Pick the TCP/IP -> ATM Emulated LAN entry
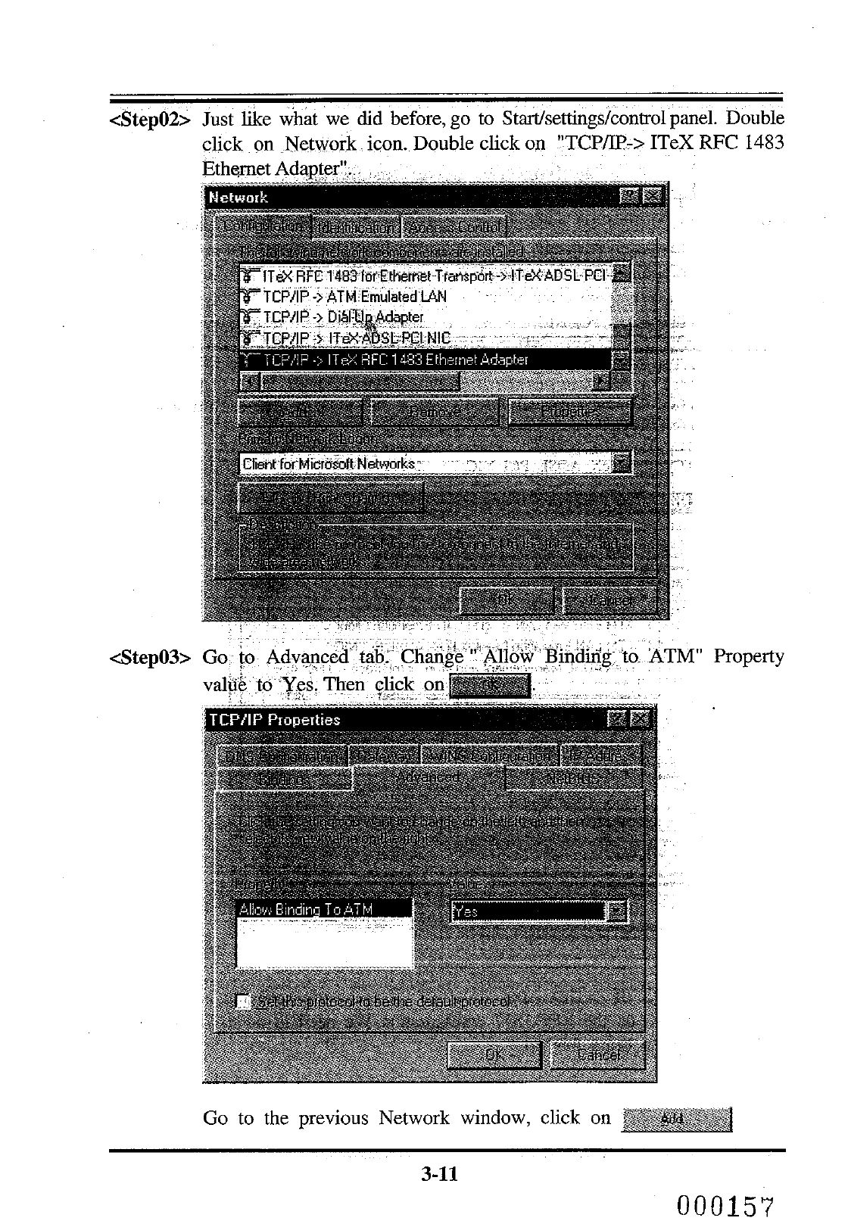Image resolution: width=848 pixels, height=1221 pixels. point(354,297)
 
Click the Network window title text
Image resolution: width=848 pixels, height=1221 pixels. point(238,198)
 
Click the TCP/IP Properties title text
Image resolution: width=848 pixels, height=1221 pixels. point(274,720)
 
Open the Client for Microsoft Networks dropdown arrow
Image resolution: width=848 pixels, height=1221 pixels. point(622,463)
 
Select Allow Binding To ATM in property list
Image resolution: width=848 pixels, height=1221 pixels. point(306,909)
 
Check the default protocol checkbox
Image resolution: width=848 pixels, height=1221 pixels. point(244,1001)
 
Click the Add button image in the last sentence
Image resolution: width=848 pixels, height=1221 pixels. point(676,1119)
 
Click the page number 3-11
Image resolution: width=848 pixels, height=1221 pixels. point(440,1174)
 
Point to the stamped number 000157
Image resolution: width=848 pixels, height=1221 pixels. point(729,1204)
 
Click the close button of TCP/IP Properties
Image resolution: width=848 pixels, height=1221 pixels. point(641,719)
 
